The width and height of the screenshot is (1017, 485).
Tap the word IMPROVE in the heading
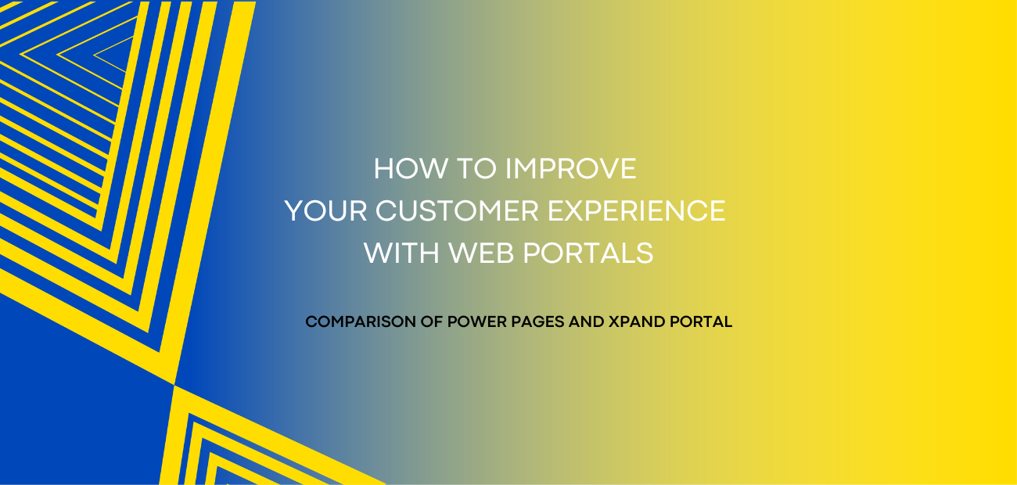[x=571, y=168]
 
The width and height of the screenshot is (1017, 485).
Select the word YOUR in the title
[x=325, y=210]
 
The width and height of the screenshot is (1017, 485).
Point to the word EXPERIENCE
[x=637, y=210]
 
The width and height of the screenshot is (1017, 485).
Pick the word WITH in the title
[x=401, y=253]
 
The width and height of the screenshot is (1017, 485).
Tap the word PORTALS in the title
[x=588, y=253]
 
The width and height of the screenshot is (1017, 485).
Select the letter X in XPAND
[x=614, y=322]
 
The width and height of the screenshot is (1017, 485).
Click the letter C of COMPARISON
[x=311, y=322]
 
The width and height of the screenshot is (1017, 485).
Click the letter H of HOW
[x=383, y=168]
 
